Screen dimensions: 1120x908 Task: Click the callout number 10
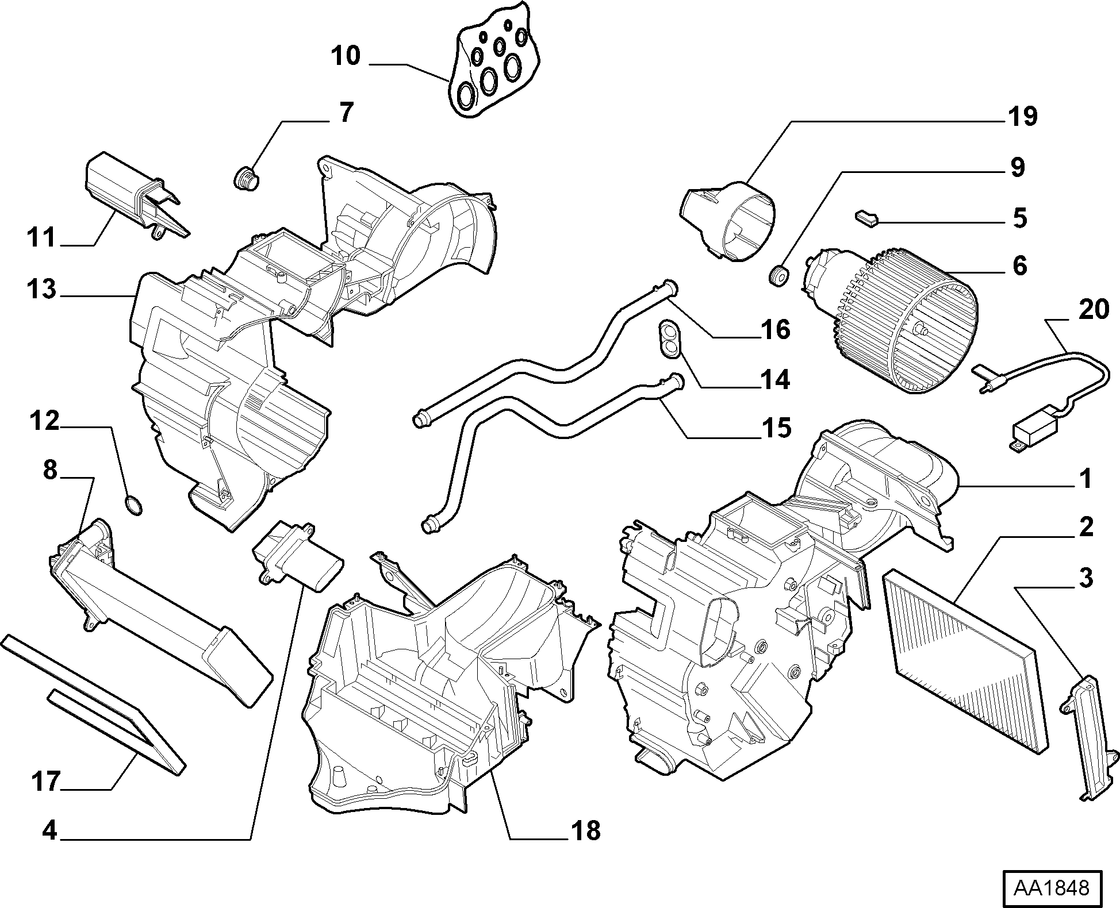tap(346, 56)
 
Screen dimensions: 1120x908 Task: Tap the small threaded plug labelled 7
tap(247, 178)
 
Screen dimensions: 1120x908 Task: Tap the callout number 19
tap(1022, 117)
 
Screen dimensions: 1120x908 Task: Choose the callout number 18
tap(586, 830)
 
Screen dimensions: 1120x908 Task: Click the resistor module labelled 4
tap(297, 554)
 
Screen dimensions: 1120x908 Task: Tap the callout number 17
tap(45, 782)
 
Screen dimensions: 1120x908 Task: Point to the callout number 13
tap(41, 288)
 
